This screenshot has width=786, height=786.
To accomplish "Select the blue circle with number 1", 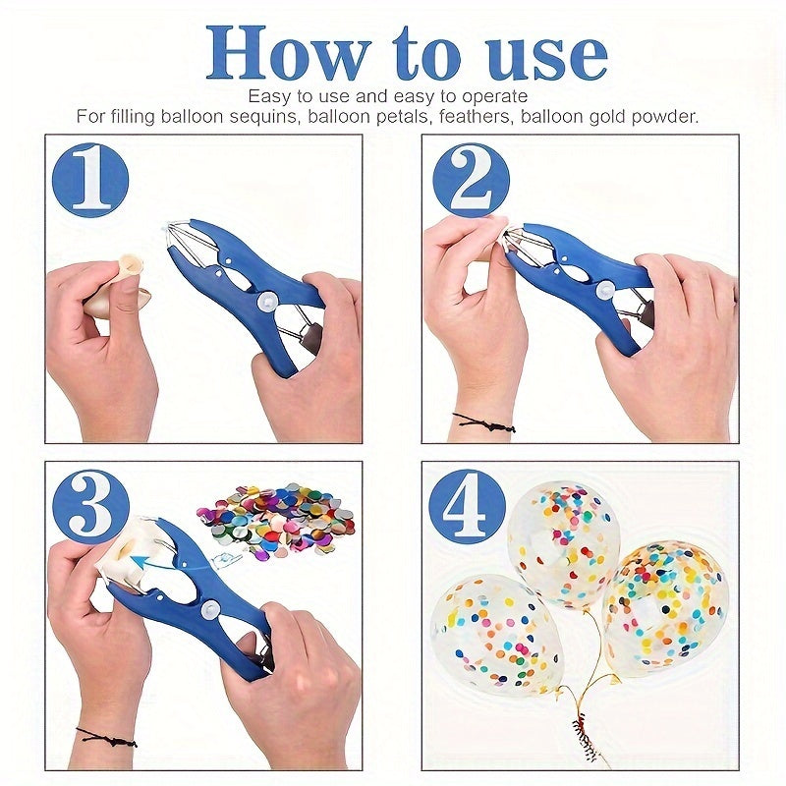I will [90, 179].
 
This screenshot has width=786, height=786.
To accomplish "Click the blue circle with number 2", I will [472, 179].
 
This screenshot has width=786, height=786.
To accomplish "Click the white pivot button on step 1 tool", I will [264, 303].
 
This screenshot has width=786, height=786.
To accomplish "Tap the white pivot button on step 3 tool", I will [208, 611].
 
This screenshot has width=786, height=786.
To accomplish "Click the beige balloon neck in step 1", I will [130, 264].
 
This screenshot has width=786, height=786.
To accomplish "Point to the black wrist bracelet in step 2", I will [483, 422].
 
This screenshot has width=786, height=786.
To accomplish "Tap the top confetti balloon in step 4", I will [563, 540].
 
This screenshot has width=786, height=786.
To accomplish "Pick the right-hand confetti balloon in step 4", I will [665, 606].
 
